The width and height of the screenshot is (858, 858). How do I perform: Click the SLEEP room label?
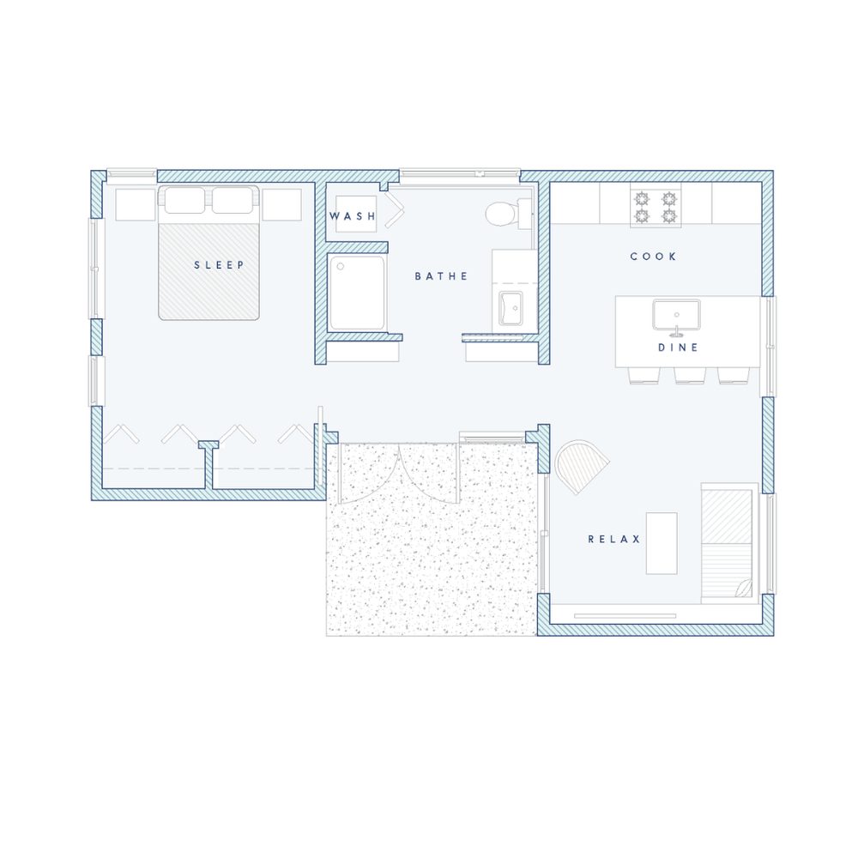[219, 265]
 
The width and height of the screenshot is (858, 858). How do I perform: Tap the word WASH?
[353, 216]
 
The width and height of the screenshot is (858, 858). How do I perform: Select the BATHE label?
[441, 276]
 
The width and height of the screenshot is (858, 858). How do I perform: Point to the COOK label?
[653, 256]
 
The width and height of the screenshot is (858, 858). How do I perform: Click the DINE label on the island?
[679, 347]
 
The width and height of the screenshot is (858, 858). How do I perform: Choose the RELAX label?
[614, 539]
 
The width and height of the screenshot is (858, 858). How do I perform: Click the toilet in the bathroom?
[507, 214]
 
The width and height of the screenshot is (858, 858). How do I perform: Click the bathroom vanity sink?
[511, 309]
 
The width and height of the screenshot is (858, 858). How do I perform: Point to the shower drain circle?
[341, 267]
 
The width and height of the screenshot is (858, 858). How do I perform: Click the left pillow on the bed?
[185, 200]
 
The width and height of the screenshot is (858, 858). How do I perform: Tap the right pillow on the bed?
[233, 200]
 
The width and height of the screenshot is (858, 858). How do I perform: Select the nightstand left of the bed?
[136, 205]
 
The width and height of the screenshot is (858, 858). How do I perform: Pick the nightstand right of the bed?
[281, 205]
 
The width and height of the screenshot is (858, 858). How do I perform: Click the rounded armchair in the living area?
[581, 466]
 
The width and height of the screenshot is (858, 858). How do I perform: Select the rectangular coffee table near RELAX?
[662, 543]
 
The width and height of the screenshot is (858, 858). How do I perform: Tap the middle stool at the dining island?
[690, 376]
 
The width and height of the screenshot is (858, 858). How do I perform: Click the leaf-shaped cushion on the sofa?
[743, 589]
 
